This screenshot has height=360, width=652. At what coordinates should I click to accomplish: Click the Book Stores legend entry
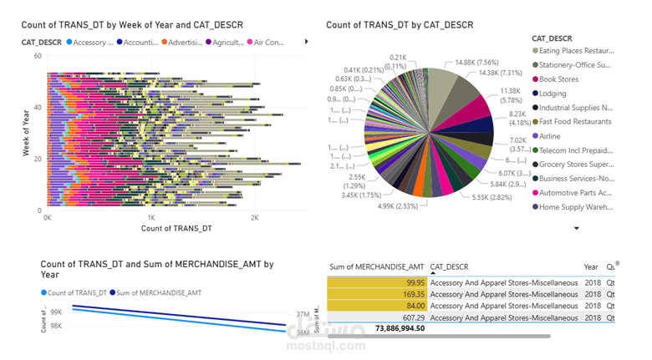[558, 79]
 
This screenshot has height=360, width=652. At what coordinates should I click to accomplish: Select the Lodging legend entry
[553, 94]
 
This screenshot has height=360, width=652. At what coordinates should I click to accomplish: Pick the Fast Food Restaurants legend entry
[575, 122]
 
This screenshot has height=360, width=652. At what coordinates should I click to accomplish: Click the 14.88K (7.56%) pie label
[476, 62]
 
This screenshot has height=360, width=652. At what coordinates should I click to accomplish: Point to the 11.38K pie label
[510, 90]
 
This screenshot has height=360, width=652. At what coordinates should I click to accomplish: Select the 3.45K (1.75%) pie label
[360, 195]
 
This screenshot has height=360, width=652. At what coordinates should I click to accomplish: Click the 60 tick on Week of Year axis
[38, 56]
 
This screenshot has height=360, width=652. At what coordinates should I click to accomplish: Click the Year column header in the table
[591, 266]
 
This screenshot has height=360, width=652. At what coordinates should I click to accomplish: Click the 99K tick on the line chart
[56, 312]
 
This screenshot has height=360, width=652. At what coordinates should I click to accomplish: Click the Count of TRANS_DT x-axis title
[176, 228]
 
